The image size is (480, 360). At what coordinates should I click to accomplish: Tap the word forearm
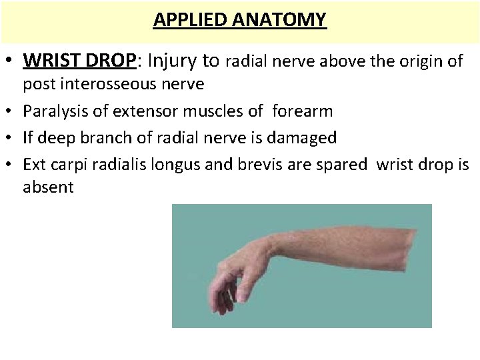point(303,111)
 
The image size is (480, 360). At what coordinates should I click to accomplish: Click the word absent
point(48,187)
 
